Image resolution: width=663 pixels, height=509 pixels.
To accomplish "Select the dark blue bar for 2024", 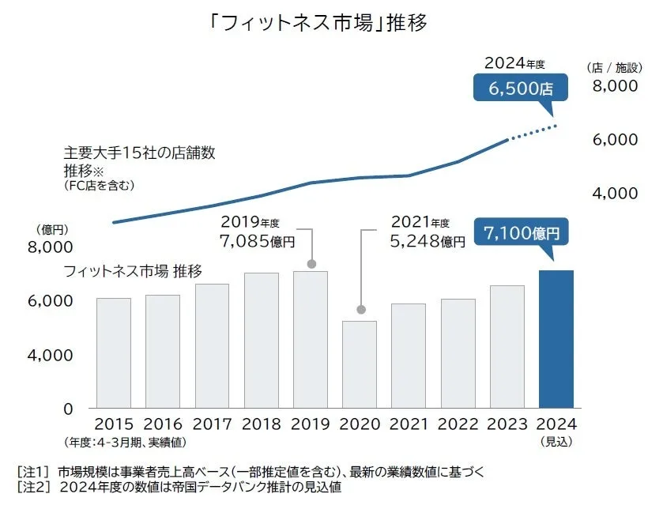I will point(556,339).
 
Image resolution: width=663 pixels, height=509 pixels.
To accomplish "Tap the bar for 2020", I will point(360,364).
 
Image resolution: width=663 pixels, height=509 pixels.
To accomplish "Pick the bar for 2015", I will point(114,353).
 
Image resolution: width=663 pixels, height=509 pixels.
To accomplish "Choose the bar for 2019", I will point(310,339).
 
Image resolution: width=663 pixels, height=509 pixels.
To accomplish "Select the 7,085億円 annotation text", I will point(257,239).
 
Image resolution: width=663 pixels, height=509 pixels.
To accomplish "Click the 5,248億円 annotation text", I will point(428,241).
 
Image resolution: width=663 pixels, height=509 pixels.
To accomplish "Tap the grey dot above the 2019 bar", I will point(311,263).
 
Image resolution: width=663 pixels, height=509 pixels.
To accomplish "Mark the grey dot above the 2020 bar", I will point(360,309).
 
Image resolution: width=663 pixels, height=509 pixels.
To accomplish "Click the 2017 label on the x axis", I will point(212,424).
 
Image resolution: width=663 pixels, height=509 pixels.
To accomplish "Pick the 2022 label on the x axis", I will point(458,424).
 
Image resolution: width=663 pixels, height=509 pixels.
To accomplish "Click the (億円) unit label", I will point(54,229).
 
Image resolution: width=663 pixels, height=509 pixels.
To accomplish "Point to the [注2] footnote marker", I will point(32,488).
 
